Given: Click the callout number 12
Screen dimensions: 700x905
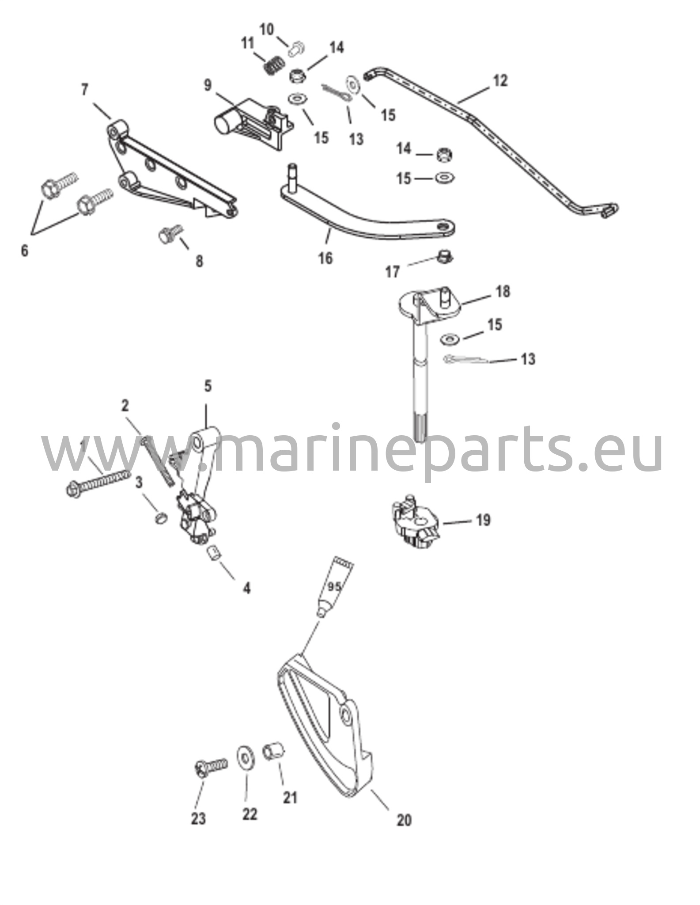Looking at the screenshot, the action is pos(500,81).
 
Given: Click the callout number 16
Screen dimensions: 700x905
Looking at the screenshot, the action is pos(325,258).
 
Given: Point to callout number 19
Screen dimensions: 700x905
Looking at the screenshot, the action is pos(483,521).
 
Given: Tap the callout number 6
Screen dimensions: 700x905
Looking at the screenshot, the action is pos(25,251).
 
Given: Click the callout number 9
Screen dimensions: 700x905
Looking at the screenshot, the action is pos(208,85).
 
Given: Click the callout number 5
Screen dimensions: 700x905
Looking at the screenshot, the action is pos(208,386).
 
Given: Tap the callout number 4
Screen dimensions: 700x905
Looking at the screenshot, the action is pos(246,588).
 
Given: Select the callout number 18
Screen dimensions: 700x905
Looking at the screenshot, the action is pos(503,292).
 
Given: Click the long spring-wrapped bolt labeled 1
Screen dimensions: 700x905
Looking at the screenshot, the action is pos(98,483).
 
